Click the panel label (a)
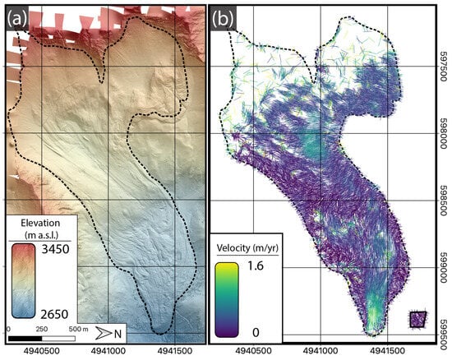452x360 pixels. pos(18,17)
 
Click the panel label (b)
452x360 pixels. pos(224,17)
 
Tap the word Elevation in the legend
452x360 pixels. pos(37,222)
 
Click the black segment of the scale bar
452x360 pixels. pos(25,337)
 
